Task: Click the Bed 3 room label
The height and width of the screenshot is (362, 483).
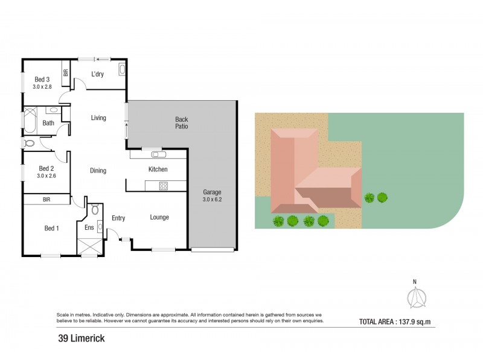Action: pyautogui.click(x=42, y=79)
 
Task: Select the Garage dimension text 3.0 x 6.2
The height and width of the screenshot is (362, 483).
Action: pyautogui.click(x=211, y=200)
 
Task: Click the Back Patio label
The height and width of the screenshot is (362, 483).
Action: pyautogui.click(x=182, y=123)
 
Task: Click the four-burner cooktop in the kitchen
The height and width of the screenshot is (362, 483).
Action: pyautogui.click(x=162, y=186)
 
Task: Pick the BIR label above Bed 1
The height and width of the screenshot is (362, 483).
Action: pyautogui.click(x=46, y=198)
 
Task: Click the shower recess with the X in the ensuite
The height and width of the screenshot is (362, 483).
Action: pyautogui.click(x=88, y=246)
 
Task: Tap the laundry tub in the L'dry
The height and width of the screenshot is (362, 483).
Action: pyautogui.click(x=121, y=70)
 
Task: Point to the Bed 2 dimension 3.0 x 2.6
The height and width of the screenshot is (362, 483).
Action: pyautogui.click(x=46, y=176)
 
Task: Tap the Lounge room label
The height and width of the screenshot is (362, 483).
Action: pyautogui.click(x=159, y=217)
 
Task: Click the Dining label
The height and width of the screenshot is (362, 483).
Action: pyautogui.click(x=98, y=171)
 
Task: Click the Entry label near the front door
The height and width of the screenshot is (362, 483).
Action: pyautogui.click(x=118, y=218)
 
